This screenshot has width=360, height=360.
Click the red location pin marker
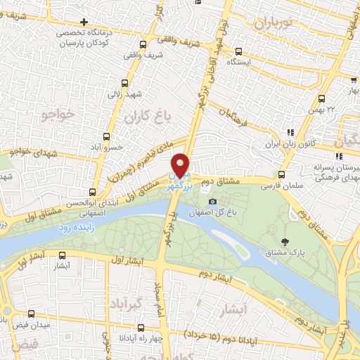pyautogui.click(x=181, y=165)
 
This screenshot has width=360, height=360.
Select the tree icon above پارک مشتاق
pyautogui.click(x=283, y=242)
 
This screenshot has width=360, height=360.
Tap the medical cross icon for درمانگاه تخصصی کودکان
pyautogui.click(x=84, y=22)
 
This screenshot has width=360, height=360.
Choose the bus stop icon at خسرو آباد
pyautogui.click(x=107, y=136)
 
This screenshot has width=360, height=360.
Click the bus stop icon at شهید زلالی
pyautogui.click(x=124, y=82)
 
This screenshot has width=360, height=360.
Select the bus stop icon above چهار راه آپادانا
pyautogui.click(x=142, y=328)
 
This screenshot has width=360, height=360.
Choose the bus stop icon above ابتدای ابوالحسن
pyautogui.click(x=94, y=191)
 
